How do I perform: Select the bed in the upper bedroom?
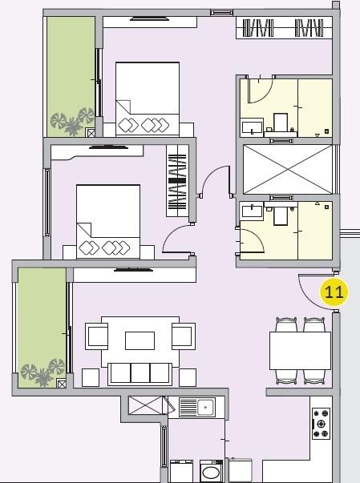coord(148,99)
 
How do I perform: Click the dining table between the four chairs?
coord(300,350)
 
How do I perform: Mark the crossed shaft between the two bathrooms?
coord(286,169)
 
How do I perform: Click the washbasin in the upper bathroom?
coord(251,127)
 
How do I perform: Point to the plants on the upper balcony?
coord(67,123)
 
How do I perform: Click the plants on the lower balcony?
coord(45,371)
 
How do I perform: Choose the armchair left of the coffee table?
coord(96,337)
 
